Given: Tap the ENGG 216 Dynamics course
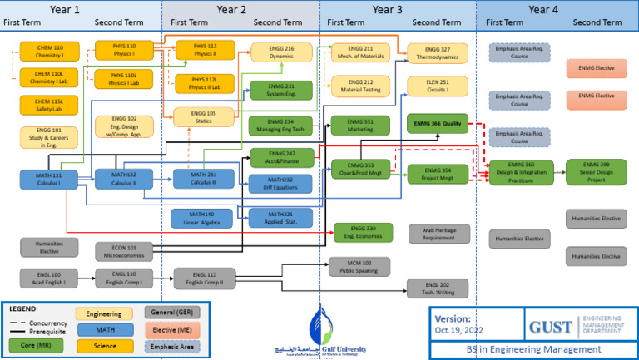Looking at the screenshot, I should [282, 52].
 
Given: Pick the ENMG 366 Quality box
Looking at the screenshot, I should [438, 123].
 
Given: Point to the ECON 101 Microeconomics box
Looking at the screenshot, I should [121, 250].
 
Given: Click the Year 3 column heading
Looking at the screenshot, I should [388, 10].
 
